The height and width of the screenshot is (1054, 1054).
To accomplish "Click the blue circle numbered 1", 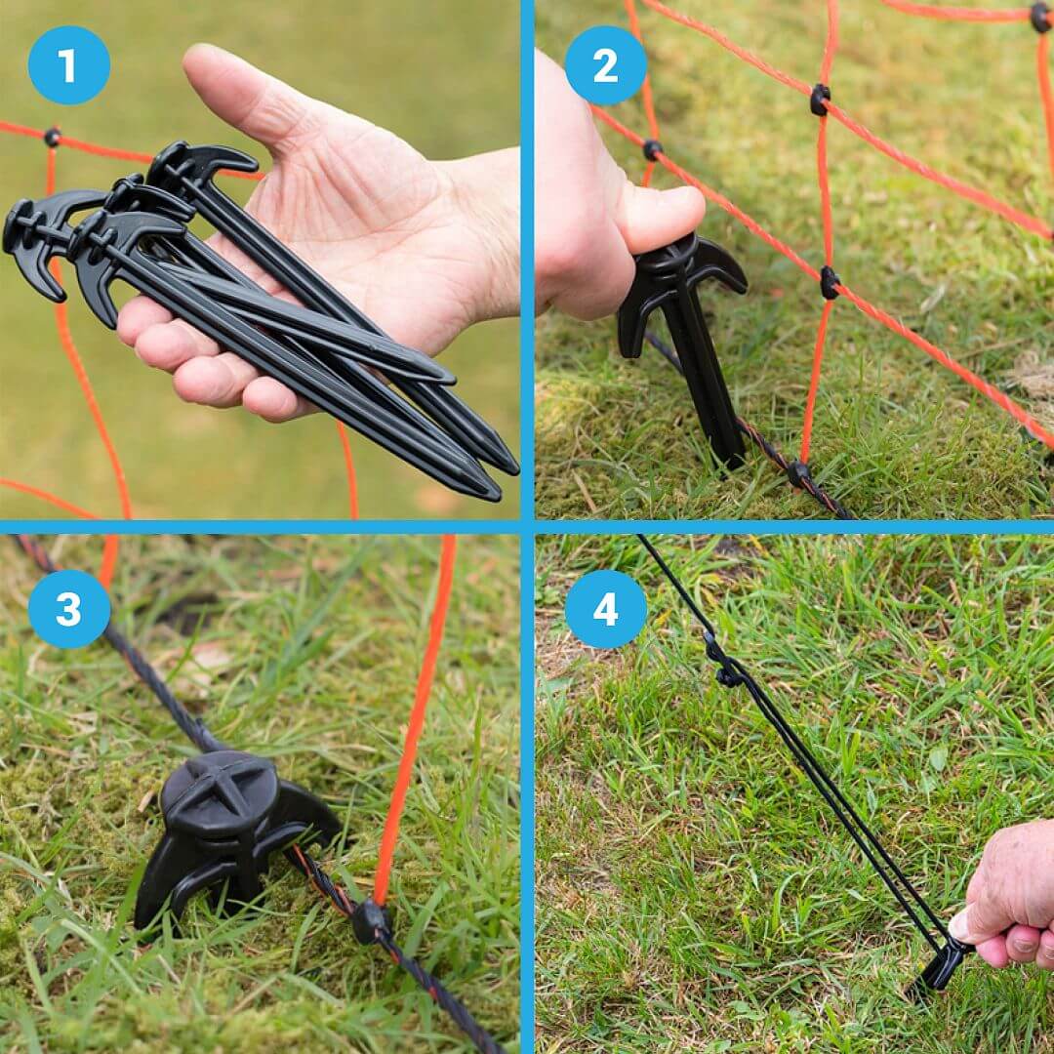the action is [68, 65].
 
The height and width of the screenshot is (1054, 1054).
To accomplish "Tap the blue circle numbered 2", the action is [605, 65].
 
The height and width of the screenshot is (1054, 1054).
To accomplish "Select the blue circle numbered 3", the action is [68, 609].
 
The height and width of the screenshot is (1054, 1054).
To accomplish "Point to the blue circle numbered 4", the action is [605, 609].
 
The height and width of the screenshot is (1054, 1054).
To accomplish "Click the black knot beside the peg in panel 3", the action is [371, 921].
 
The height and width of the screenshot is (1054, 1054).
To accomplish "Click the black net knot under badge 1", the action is [51, 138].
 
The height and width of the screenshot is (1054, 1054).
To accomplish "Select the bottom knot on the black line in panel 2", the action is [798, 473].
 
